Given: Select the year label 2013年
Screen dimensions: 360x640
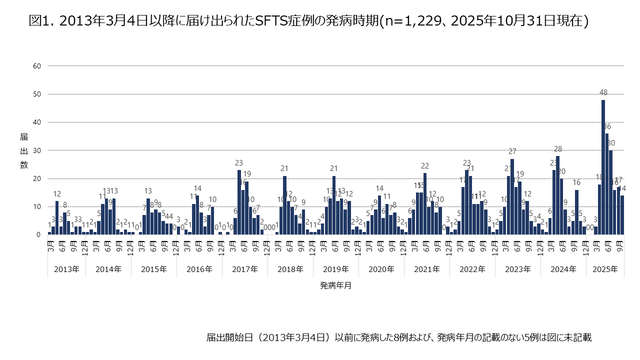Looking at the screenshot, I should click(x=66, y=269).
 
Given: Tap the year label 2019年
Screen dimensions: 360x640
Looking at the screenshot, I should click(x=335, y=269).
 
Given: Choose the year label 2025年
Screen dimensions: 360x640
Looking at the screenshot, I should click(x=605, y=269).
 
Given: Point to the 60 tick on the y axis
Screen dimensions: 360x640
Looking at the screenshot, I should click(x=37, y=66).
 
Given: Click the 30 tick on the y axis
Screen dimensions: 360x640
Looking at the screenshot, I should click(x=37, y=150).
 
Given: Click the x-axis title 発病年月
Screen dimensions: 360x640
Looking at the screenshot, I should click(x=335, y=285).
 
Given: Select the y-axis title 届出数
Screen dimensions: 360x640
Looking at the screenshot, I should click(x=23, y=150).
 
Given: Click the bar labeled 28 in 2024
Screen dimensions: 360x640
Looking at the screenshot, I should click(x=557, y=195).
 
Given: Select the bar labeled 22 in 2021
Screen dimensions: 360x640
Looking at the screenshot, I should click(x=424, y=204).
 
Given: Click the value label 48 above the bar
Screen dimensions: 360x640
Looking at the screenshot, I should click(x=603, y=92).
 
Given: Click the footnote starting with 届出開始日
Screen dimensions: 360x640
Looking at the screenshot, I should click(x=399, y=337).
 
